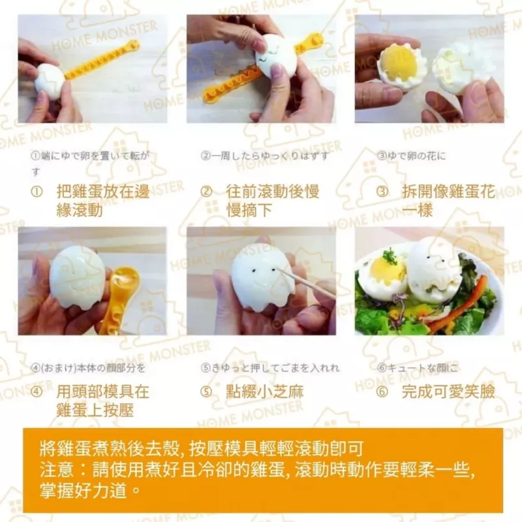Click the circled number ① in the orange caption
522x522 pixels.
37,192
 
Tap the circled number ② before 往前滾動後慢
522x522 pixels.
206,192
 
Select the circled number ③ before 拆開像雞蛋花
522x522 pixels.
383,192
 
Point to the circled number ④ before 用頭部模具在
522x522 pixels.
37,391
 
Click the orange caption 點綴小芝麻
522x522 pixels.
265,391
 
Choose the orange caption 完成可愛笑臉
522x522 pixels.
448,391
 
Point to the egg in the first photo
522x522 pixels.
50,80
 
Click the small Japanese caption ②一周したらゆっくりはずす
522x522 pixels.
264,157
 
